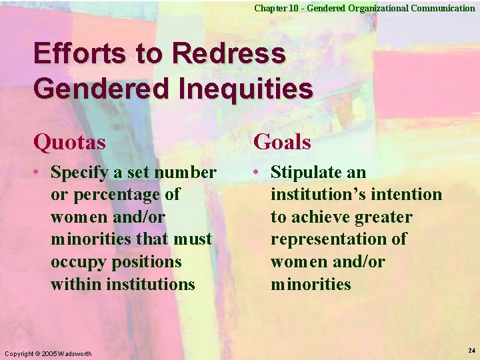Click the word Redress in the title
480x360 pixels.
233,54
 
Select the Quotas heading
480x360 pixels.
69,142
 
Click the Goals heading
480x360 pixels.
282,142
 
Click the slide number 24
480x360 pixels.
471,351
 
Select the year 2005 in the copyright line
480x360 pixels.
49,353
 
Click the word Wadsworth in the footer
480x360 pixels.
76,353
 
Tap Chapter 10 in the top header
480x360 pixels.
274,8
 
